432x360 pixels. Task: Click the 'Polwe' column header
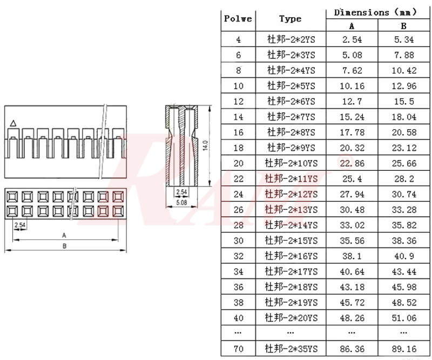tap(238, 19)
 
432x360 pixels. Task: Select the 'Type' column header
tap(290, 19)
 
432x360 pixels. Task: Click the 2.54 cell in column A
tap(352, 39)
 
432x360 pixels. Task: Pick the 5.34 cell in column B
tap(403, 39)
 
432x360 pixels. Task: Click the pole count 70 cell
tap(238, 349)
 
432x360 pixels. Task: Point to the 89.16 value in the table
tap(403, 349)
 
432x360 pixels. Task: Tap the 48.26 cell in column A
tap(352, 317)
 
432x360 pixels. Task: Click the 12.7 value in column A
tap(352, 101)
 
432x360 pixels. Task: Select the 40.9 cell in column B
tap(403, 256)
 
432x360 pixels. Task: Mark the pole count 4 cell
tap(238, 39)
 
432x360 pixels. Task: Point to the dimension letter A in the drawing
tap(64, 235)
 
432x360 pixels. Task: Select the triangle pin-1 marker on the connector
tap(13, 123)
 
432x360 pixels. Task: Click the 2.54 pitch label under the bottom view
tap(20, 224)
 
